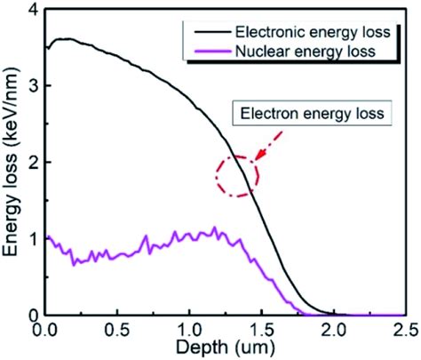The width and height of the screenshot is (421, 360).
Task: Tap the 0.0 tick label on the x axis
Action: (x=44, y=329)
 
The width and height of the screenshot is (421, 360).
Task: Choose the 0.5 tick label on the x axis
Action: (x=116, y=329)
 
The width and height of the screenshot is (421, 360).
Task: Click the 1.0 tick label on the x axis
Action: (x=188, y=329)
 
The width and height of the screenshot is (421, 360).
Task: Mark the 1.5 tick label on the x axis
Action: (x=260, y=329)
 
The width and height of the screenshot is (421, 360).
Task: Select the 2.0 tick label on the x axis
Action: (x=332, y=329)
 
